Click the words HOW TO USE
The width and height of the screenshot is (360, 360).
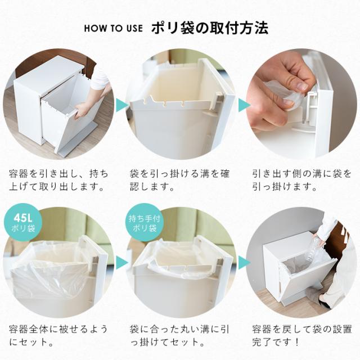click(113, 28)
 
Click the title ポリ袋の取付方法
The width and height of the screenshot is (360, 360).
click(210, 28)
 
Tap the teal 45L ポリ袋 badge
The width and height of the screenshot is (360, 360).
click(23, 222)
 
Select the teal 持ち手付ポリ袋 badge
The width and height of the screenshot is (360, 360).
click(145, 222)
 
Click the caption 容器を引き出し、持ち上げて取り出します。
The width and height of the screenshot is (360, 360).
click(58, 180)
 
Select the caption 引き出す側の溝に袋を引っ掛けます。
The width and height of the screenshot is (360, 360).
click(302, 180)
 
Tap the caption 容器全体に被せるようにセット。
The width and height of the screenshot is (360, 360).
click(58, 336)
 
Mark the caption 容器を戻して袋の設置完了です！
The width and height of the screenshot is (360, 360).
click(302, 336)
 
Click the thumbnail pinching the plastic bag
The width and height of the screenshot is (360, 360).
click(300, 85)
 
